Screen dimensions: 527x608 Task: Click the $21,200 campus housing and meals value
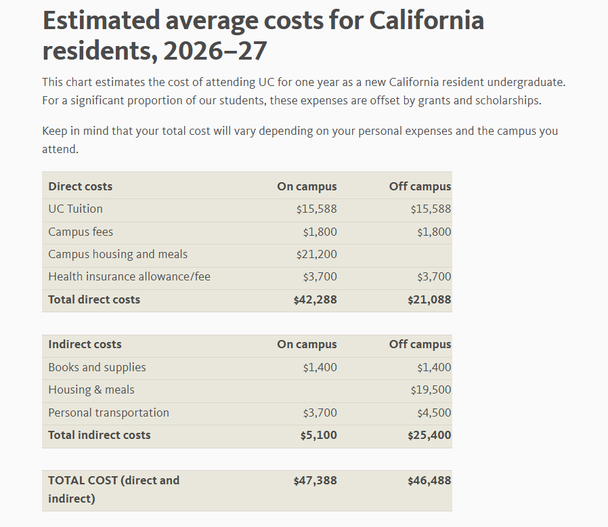click(x=316, y=255)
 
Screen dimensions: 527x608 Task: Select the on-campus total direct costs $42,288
click(x=315, y=299)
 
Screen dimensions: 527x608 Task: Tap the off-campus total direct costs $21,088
click(x=429, y=299)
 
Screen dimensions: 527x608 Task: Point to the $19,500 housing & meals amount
click(x=431, y=390)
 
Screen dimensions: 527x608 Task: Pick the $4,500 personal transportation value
click(x=434, y=413)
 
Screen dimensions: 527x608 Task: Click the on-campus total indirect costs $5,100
click(x=318, y=435)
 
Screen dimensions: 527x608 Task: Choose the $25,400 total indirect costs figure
click(x=429, y=435)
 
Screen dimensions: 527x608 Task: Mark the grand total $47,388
click(x=315, y=480)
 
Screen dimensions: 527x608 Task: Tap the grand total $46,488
click(x=429, y=480)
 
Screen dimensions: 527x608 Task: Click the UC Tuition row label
click(x=75, y=209)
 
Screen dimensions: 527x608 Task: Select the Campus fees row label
click(x=81, y=232)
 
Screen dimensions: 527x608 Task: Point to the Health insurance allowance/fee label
click(x=129, y=276)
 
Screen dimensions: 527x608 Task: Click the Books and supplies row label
click(x=97, y=367)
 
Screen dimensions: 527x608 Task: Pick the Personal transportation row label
click(x=108, y=413)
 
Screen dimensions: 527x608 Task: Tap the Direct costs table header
click(x=80, y=186)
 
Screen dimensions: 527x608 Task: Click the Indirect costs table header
click(x=85, y=344)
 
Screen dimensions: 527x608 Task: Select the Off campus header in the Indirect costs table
click(x=420, y=344)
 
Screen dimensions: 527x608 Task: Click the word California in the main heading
click(x=427, y=20)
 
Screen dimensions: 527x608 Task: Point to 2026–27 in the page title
click(x=215, y=51)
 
